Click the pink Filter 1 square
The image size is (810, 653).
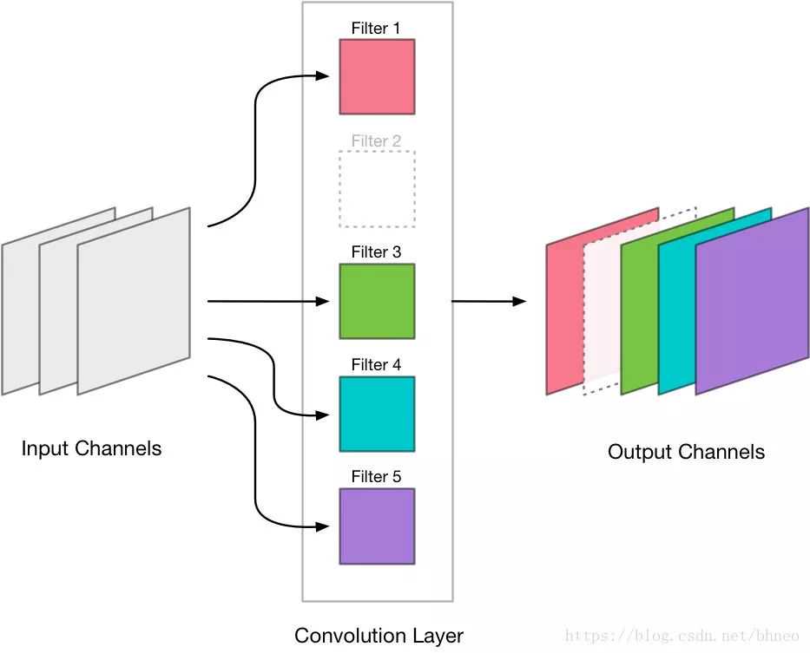pos(377,76)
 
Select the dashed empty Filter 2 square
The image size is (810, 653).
pos(377,189)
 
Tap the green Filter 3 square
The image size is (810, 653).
pos(377,301)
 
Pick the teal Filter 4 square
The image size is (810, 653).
pos(377,414)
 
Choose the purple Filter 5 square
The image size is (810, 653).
pos(377,526)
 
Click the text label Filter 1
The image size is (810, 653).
pos(376,29)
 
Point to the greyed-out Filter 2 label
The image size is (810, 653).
pos(376,140)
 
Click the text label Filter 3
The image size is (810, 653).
pos(376,252)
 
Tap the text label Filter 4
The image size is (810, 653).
pos(376,365)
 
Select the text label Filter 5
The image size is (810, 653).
pos(376,477)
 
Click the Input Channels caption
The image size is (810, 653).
pos(91,448)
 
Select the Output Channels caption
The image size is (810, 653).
pos(686,452)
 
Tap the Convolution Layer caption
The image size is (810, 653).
pos(379,636)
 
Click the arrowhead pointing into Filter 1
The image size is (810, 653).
pos(325,76)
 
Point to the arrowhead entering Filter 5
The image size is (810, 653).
pos(325,526)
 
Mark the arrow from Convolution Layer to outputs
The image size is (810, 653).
pos(489,301)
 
